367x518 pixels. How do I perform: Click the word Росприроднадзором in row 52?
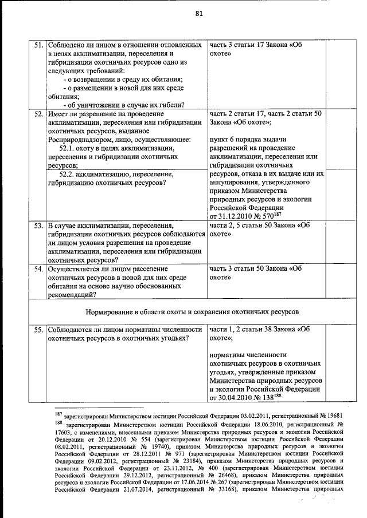[x=80, y=139]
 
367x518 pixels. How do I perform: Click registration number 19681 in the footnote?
[x=331, y=414]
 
